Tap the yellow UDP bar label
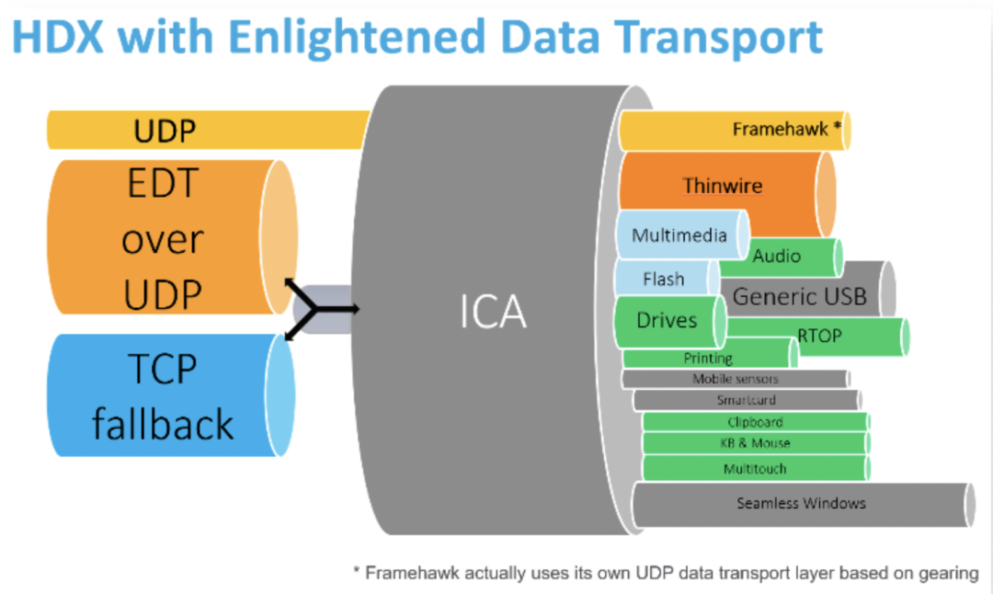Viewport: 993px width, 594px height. (x=165, y=131)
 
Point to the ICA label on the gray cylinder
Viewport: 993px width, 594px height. (x=494, y=314)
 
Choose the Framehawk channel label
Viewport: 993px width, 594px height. (x=786, y=130)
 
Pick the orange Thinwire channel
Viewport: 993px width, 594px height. (x=723, y=186)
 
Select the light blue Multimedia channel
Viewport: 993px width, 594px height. (x=679, y=235)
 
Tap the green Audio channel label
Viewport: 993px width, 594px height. (x=777, y=256)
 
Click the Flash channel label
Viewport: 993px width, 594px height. (x=663, y=279)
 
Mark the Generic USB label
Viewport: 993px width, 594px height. (x=799, y=296)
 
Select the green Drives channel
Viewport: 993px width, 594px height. (x=667, y=321)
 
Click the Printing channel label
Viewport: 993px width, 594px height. (x=708, y=359)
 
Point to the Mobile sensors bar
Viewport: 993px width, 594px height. (x=735, y=379)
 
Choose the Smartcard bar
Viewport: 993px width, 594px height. (x=746, y=400)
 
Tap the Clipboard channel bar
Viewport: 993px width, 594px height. (x=755, y=422)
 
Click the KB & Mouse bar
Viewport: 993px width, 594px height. (x=755, y=443)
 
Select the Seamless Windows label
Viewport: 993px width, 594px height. (x=801, y=503)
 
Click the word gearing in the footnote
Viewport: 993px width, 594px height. (x=948, y=573)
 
